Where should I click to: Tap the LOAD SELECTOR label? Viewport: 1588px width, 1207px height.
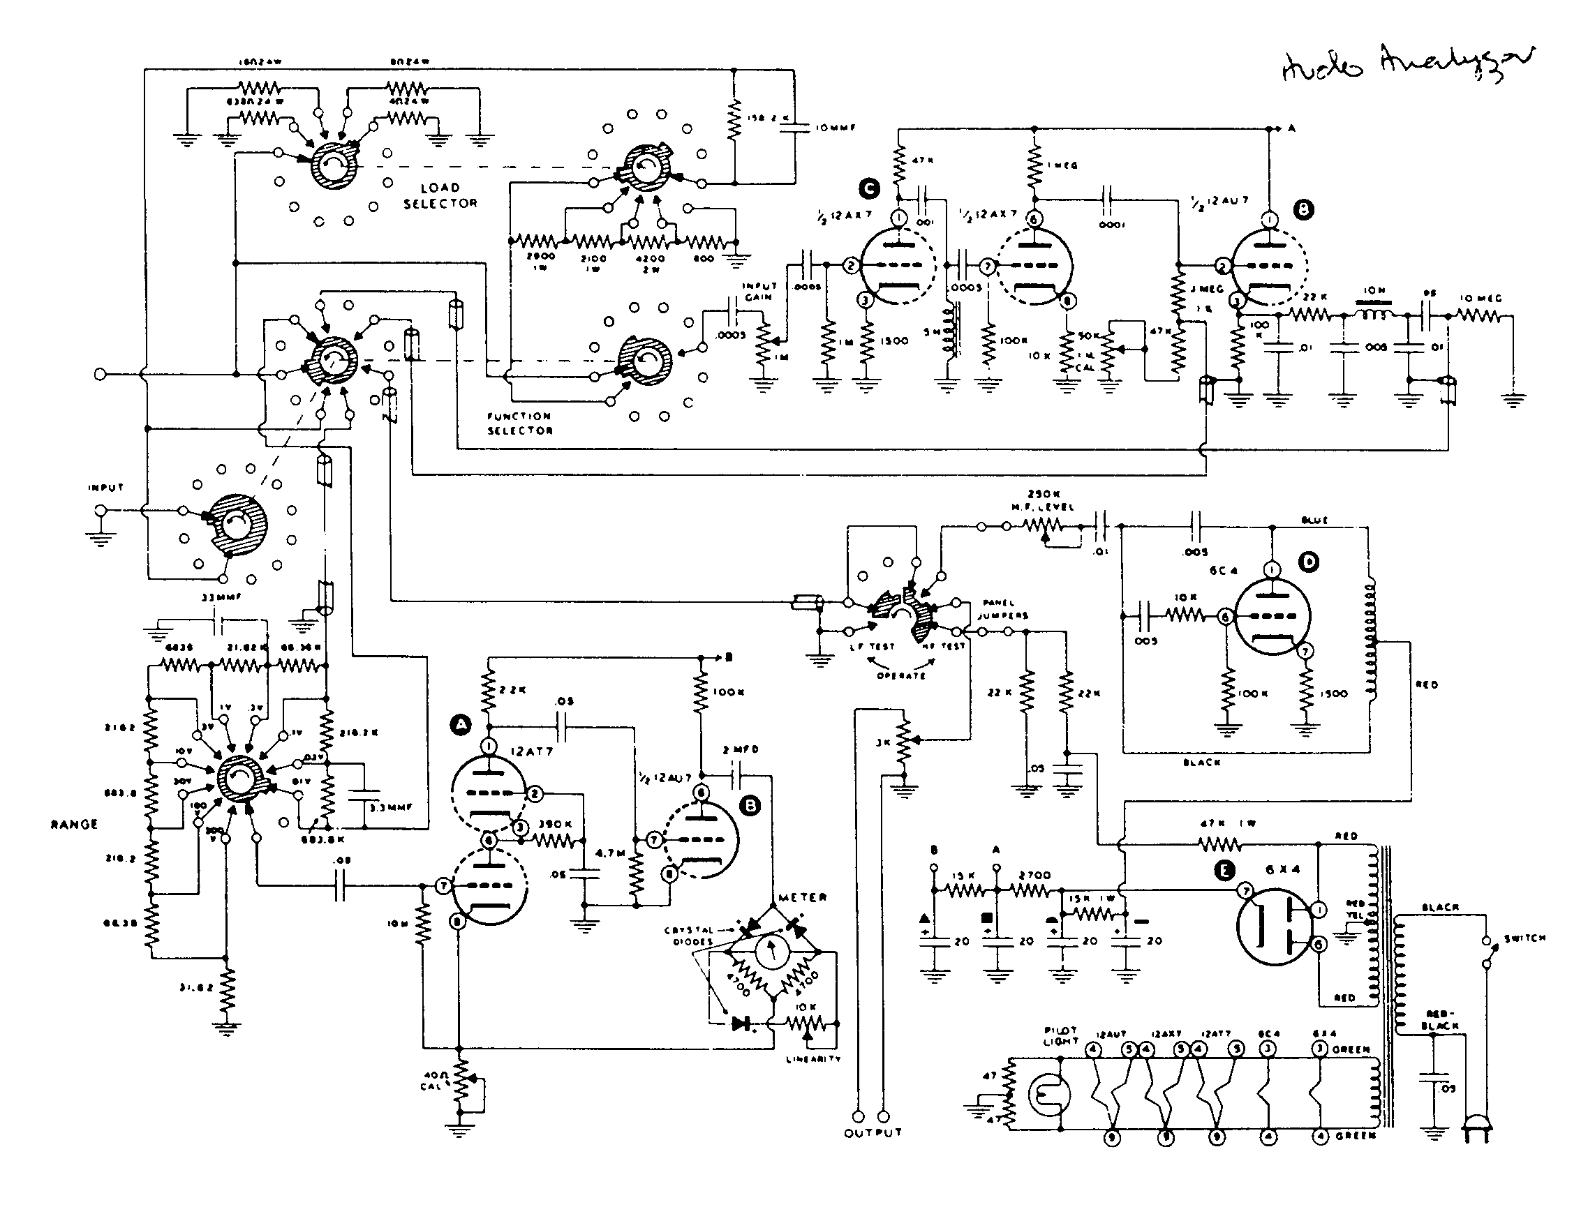tap(440, 195)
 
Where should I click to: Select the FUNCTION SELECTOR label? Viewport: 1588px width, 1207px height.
tap(520, 423)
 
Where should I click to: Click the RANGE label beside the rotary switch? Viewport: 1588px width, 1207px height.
tap(74, 824)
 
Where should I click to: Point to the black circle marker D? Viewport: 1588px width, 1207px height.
tap(1309, 562)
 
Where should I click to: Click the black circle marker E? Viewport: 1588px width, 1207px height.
tap(1223, 871)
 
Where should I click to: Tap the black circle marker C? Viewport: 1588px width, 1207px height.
tap(869, 189)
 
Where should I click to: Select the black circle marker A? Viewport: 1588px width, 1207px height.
tap(460, 724)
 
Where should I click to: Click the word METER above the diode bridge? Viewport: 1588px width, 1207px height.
tap(802, 897)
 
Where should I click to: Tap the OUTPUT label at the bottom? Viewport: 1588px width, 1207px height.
tap(873, 1132)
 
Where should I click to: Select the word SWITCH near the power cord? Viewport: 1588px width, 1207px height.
tap(1524, 938)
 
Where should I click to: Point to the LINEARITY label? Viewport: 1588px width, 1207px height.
tap(813, 1059)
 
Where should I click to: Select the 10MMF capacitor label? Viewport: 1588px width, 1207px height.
tap(835, 128)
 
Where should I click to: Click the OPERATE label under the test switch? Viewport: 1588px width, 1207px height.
tap(900, 675)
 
